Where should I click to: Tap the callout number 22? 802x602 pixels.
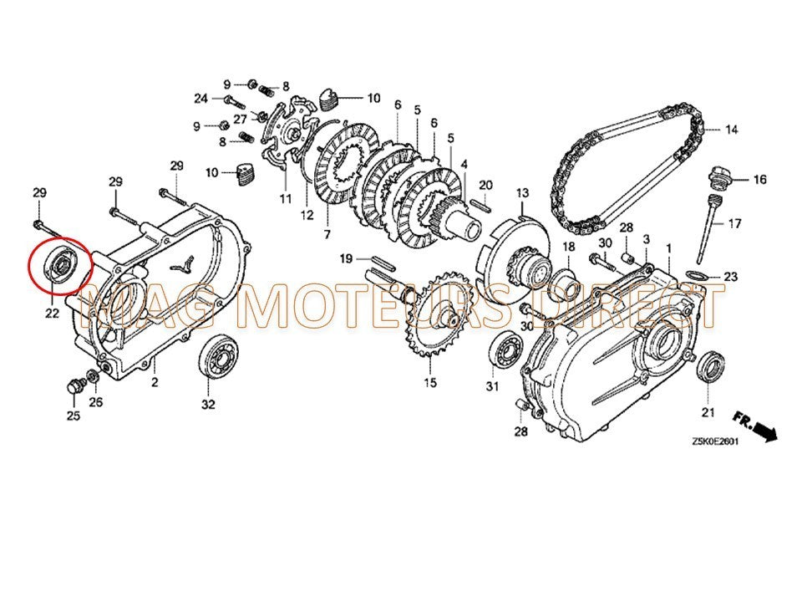[x=52, y=313]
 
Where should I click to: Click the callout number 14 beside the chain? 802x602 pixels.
[x=732, y=130]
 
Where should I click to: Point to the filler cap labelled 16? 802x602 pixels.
[x=718, y=179]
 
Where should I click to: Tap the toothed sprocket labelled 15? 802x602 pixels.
[x=431, y=317]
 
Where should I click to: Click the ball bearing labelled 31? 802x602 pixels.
[x=506, y=349]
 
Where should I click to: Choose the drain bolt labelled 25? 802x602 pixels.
[x=75, y=386]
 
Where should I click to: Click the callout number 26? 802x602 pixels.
[x=95, y=402]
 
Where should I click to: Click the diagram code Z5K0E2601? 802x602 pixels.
[x=715, y=442]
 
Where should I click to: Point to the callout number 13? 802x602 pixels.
[x=521, y=193]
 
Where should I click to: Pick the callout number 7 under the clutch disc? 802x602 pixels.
[x=327, y=234]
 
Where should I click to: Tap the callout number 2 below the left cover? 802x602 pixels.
[x=155, y=381]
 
